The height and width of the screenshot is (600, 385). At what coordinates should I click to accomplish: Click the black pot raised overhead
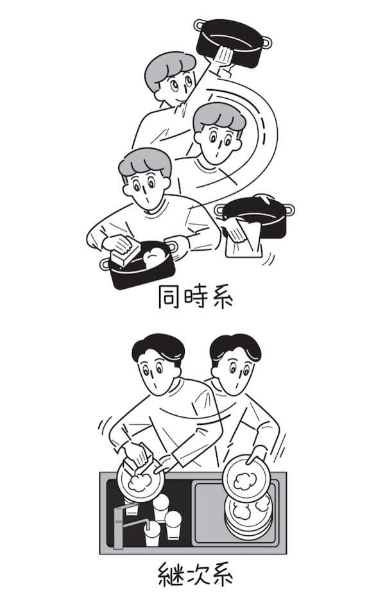pyautogui.click(x=234, y=42)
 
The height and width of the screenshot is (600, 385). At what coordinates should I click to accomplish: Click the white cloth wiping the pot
pyautogui.click(x=244, y=239)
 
